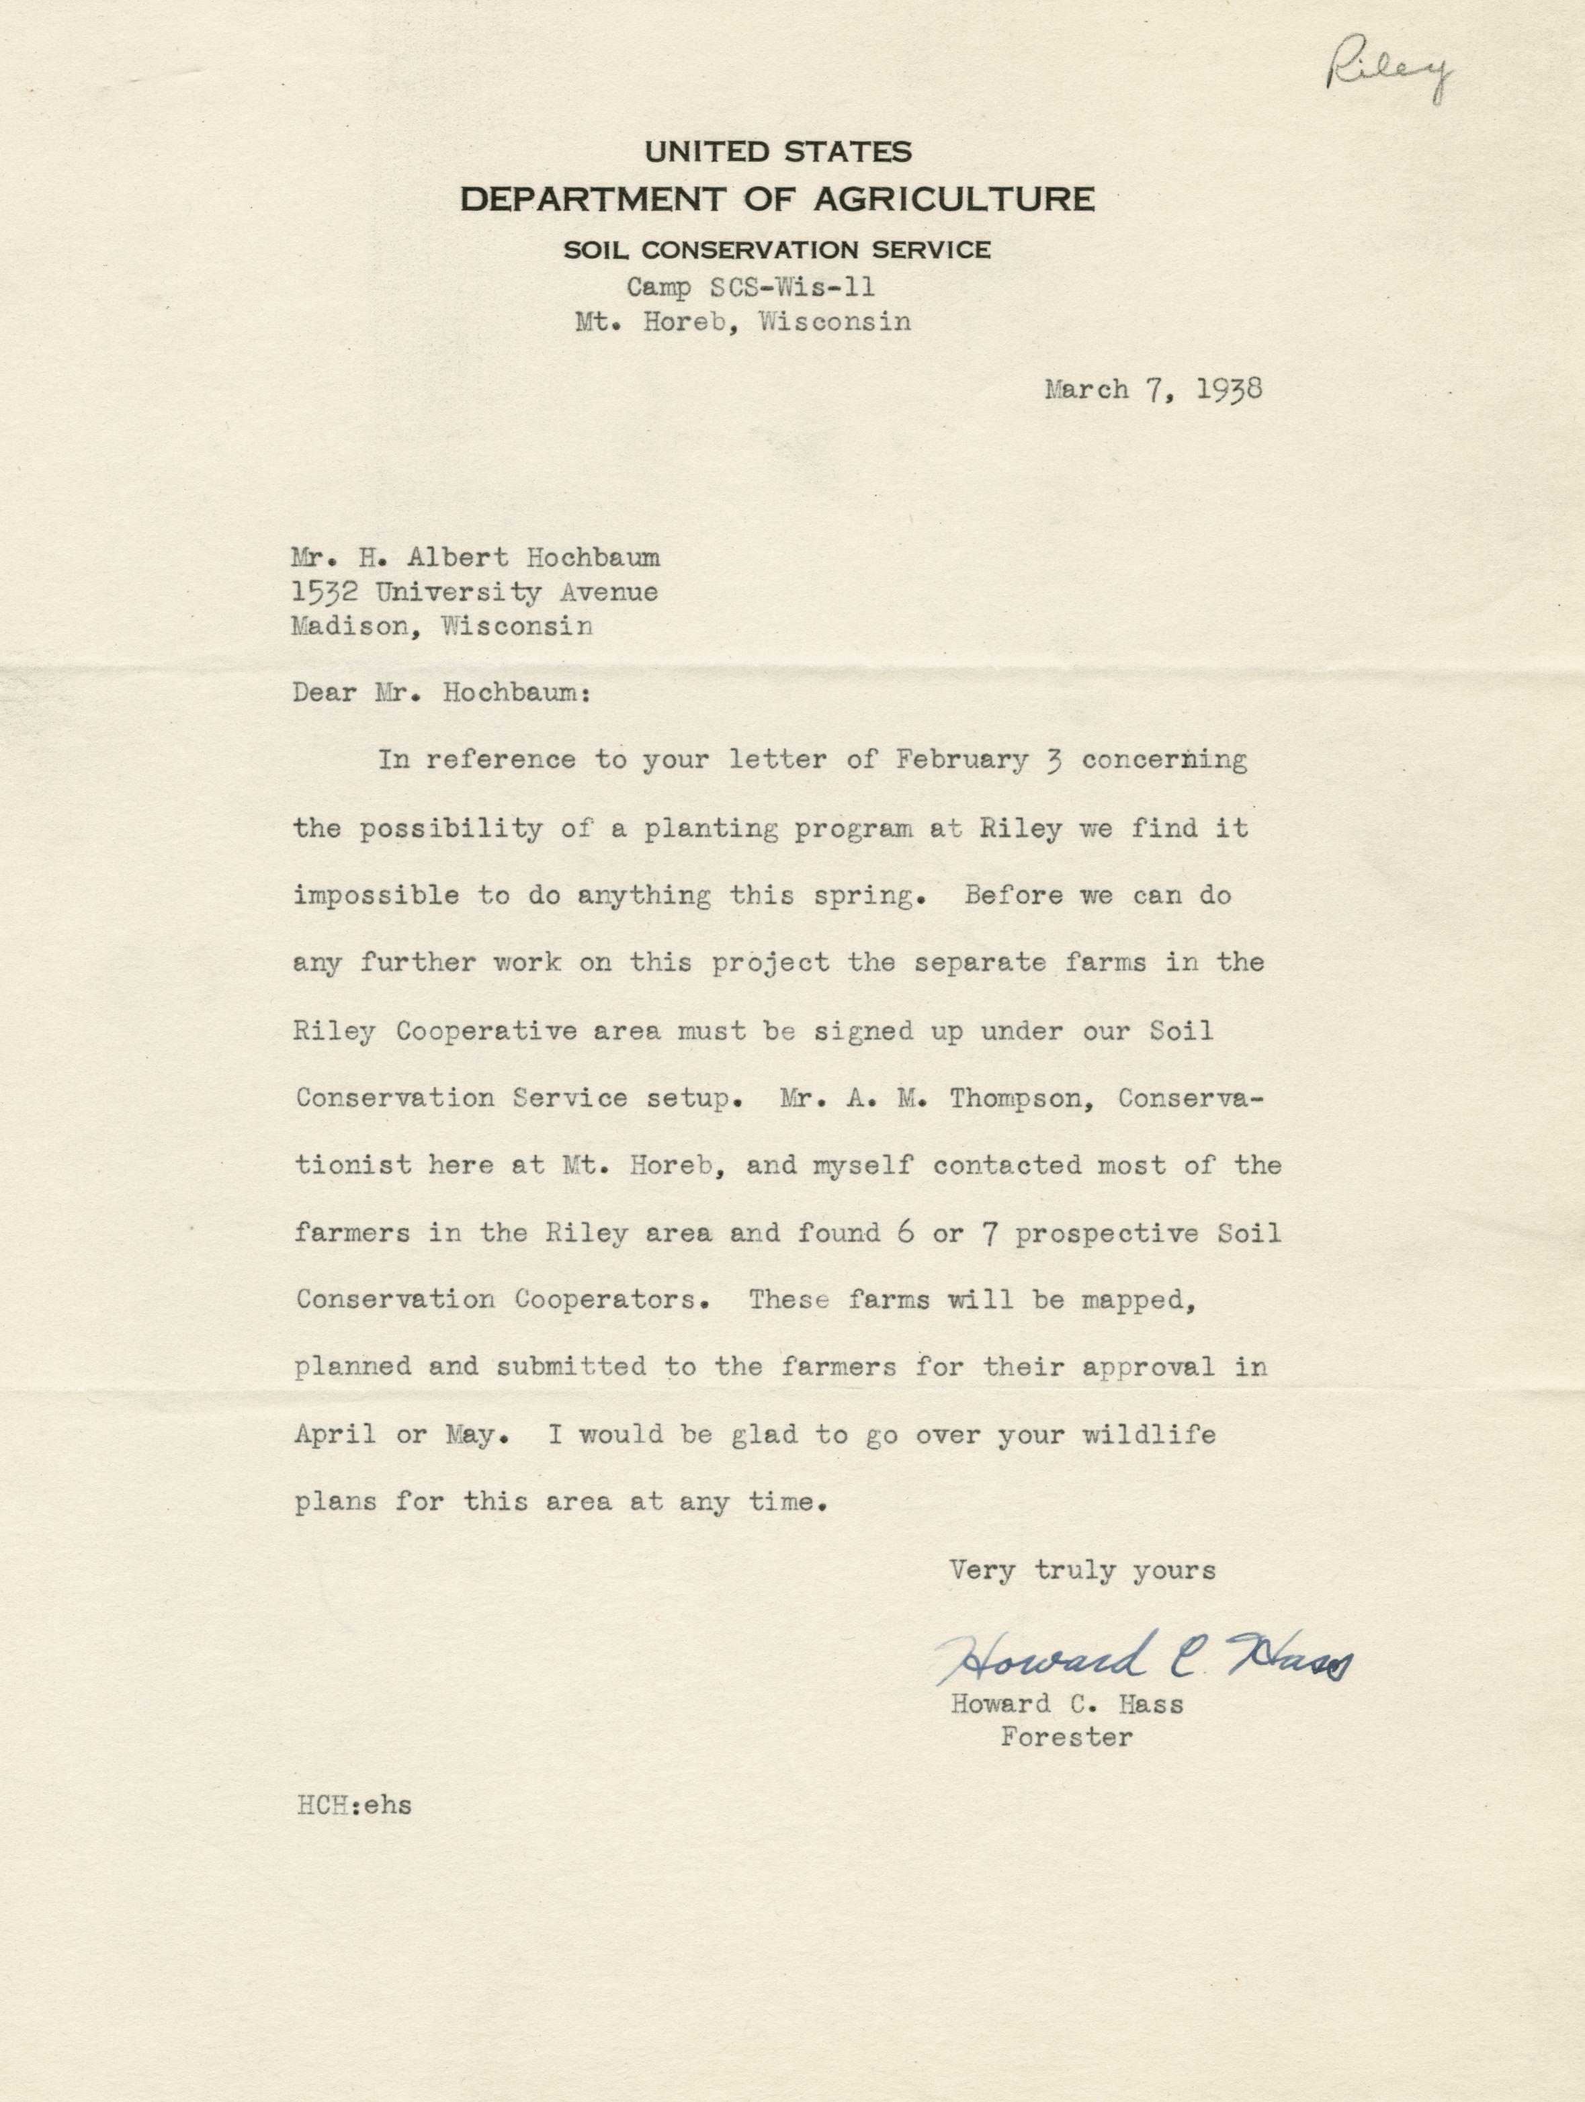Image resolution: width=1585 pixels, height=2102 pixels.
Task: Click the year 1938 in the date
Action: [x=1229, y=390]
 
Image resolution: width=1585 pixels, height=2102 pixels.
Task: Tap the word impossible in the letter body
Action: [x=376, y=895]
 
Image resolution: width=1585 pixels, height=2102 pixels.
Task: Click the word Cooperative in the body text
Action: [x=486, y=1031]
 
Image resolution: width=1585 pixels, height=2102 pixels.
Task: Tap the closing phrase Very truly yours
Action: [x=1082, y=1570]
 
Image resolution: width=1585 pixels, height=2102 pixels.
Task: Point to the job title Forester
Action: [x=1066, y=1738]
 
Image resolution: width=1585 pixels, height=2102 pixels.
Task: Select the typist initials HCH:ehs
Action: [x=353, y=1806]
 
